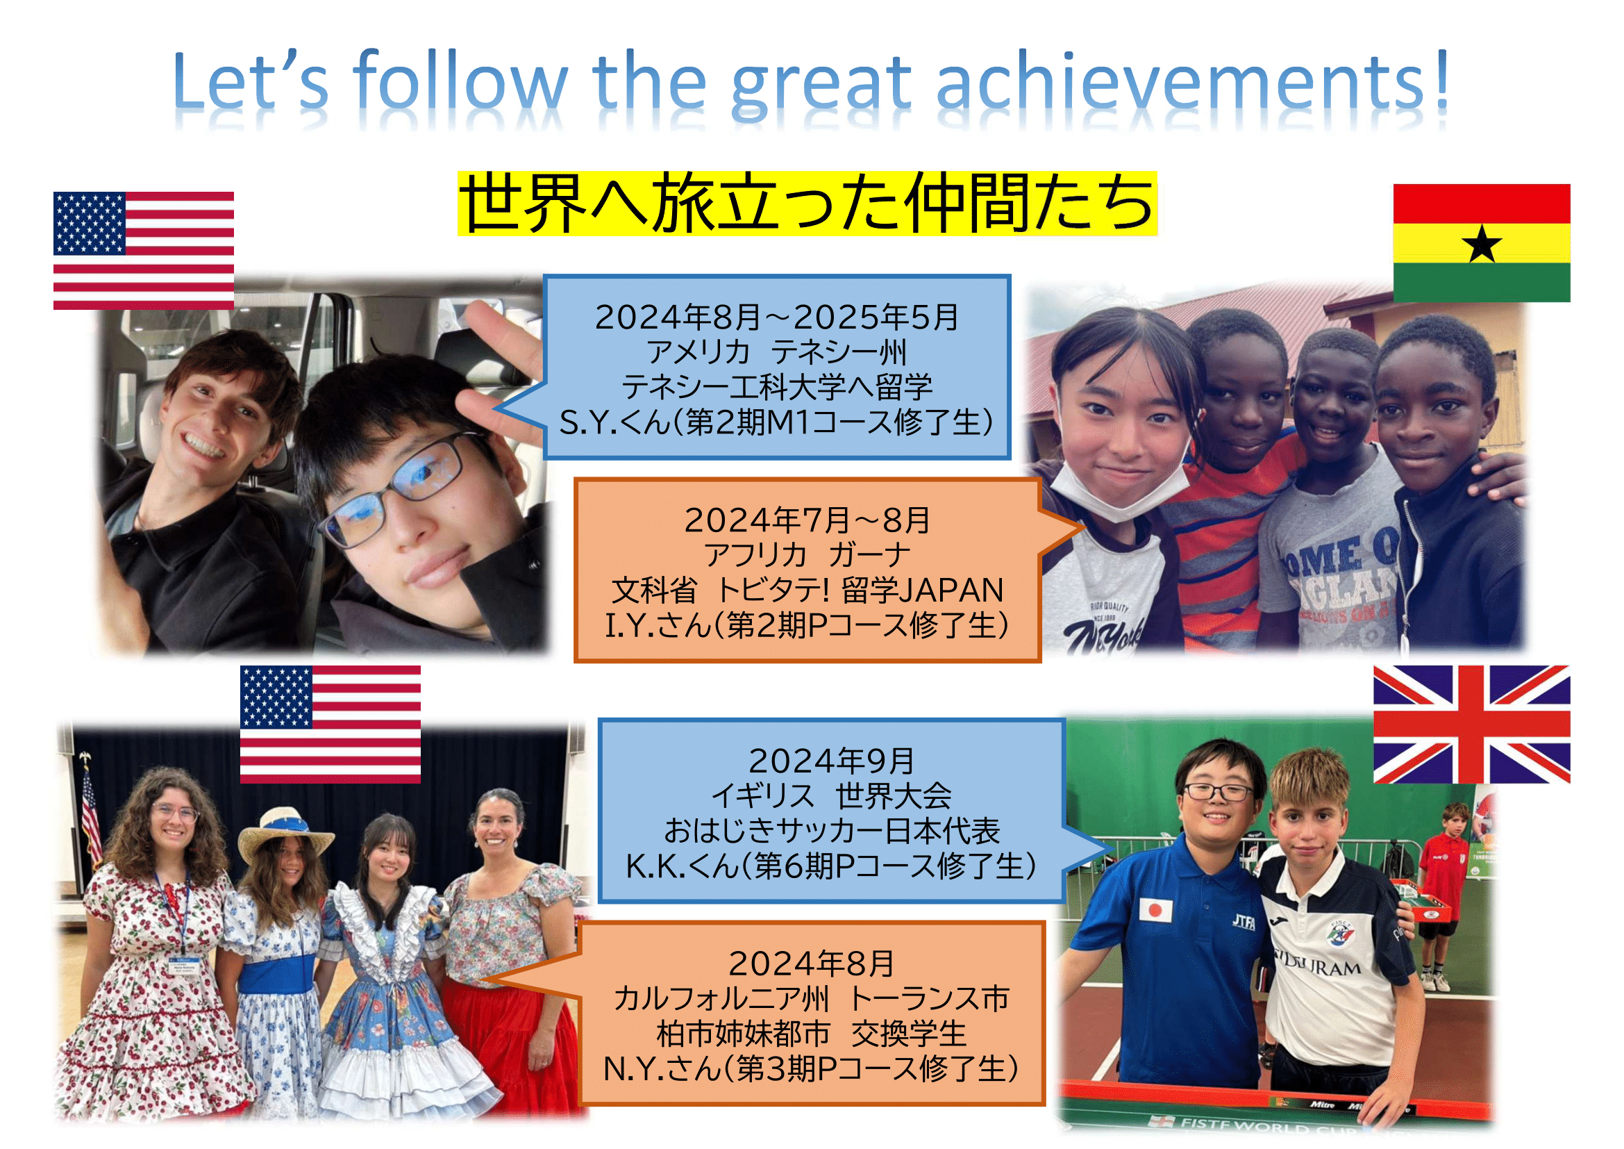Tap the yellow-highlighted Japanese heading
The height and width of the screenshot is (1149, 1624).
(x=807, y=204)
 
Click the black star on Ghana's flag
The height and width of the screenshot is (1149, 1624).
(x=1481, y=244)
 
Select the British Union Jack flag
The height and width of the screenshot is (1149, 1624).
(x=1472, y=724)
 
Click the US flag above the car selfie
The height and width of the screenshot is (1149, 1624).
(x=144, y=251)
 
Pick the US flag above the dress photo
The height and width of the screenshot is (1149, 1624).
(x=330, y=724)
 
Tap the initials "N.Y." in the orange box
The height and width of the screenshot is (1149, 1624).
(x=633, y=1068)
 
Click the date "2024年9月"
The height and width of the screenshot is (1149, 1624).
(x=831, y=761)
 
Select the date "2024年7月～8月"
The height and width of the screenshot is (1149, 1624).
(x=807, y=521)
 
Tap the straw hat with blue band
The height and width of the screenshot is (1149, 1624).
(x=285, y=835)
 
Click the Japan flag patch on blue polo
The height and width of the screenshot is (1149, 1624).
(x=1155, y=909)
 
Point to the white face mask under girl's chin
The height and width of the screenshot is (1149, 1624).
(x=1119, y=490)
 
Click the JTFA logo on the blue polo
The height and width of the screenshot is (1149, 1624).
(x=1244, y=921)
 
